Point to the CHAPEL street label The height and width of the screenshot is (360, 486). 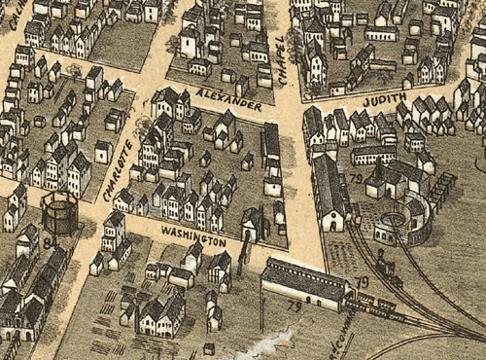tap(282, 54)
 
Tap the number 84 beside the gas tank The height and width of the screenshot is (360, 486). tap(48, 244)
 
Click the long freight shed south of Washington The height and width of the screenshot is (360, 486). tap(306, 282)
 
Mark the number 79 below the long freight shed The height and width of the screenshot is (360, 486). tap(294, 307)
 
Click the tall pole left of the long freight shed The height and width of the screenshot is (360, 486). tap(261, 306)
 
